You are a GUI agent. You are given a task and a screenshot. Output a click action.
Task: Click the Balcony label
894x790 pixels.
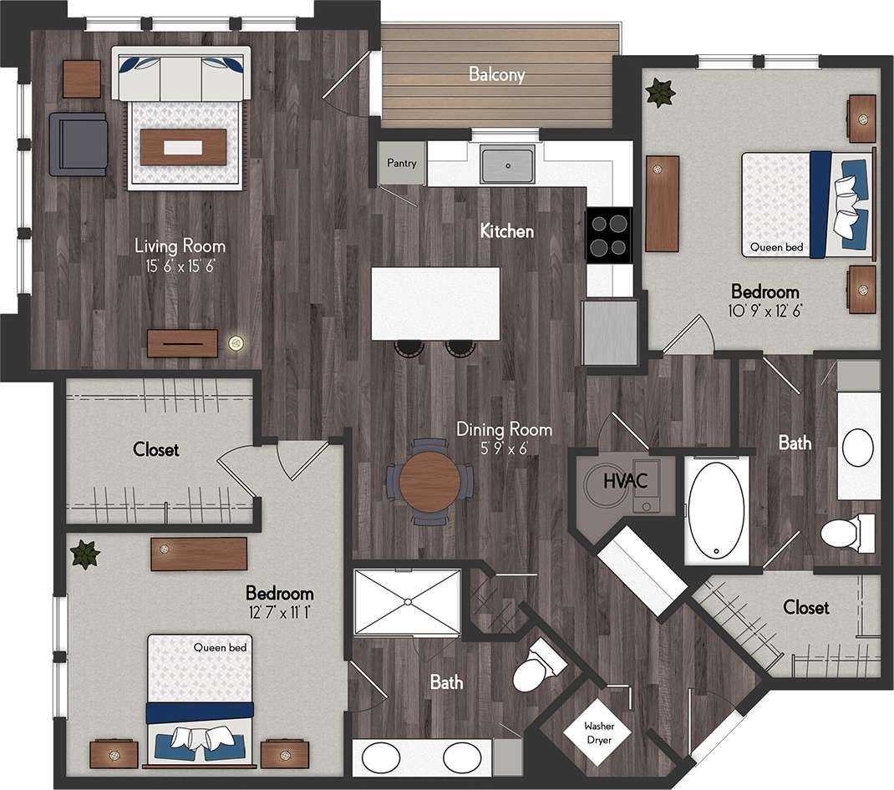click(x=496, y=74)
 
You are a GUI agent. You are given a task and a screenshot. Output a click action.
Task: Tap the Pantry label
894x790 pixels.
click(x=401, y=164)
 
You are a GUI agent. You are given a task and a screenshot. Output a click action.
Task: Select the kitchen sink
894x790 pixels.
click(x=507, y=165)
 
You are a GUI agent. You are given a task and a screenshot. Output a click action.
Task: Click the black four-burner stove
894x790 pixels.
click(x=609, y=234)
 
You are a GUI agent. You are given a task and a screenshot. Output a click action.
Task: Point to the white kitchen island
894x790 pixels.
click(x=435, y=303)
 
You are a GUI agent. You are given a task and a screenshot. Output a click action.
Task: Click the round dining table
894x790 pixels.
click(x=429, y=481)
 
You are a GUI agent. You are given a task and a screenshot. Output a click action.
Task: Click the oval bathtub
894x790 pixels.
click(x=716, y=509)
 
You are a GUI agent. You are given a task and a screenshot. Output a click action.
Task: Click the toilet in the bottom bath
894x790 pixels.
click(x=536, y=666)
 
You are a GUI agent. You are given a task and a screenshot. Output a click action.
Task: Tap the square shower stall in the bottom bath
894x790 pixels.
click(x=407, y=602)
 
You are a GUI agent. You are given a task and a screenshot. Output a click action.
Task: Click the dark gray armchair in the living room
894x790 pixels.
click(x=78, y=144)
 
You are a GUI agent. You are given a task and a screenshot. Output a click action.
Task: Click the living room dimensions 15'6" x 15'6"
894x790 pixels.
click(x=180, y=266)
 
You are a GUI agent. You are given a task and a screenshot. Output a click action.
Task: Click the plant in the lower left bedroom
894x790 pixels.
click(x=84, y=554)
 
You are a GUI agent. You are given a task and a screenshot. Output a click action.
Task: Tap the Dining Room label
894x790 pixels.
click(x=504, y=430)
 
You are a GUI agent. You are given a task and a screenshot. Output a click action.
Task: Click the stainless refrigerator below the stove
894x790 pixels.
click(x=610, y=332)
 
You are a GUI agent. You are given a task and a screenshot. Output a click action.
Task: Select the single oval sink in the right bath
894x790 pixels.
click(x=857, y=448)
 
